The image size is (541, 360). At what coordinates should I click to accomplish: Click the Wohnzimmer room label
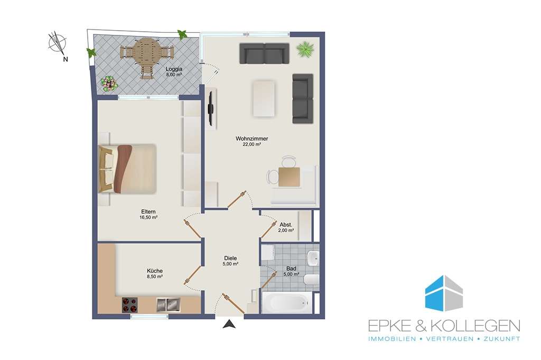tap(252, 139)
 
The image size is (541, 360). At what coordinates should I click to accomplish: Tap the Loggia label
tap(174, 69)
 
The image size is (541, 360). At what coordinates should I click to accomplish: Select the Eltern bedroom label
tap(148, 211)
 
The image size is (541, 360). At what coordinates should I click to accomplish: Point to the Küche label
tap(155, 271)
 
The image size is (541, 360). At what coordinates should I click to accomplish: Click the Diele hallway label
tap(230, 258)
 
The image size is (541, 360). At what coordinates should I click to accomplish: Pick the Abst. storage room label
tap(286, 225)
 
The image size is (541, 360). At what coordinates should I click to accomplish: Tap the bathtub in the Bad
tap(287, 302)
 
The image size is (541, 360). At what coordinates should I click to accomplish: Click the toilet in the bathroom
tap(311, 279)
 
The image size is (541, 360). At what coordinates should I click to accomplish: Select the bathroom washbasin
tap(313, 259)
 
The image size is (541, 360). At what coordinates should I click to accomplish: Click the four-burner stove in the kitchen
tap(130, 305)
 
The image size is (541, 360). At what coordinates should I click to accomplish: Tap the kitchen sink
tap(169, 305)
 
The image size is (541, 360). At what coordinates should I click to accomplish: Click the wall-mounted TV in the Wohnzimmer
tap(211, 107)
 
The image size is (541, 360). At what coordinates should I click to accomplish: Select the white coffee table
tap(264, 99)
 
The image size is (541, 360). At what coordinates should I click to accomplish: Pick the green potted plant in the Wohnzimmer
tap(305, 49)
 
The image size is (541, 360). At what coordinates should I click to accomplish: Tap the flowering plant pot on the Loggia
tap(109, 84)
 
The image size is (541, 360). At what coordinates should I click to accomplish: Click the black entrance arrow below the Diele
tap(229, 324)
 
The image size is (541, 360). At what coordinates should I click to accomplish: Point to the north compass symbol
tap(58, 44)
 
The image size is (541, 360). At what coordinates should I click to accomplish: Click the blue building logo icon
tap(444, 293)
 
